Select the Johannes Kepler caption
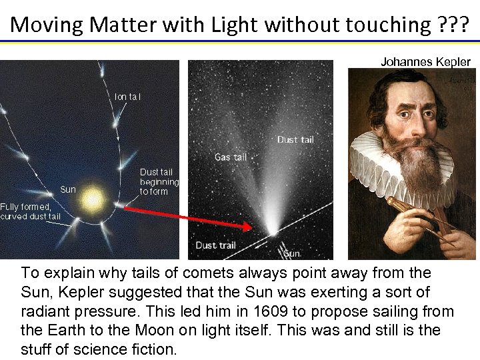(x=425, y=62)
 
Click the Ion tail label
(x=127, y=97)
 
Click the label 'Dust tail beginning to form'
(x=159, y=181)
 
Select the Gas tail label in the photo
(x=231, y=157)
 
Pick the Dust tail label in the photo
(x=295, y=139)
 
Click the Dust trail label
(x=215, y=245)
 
